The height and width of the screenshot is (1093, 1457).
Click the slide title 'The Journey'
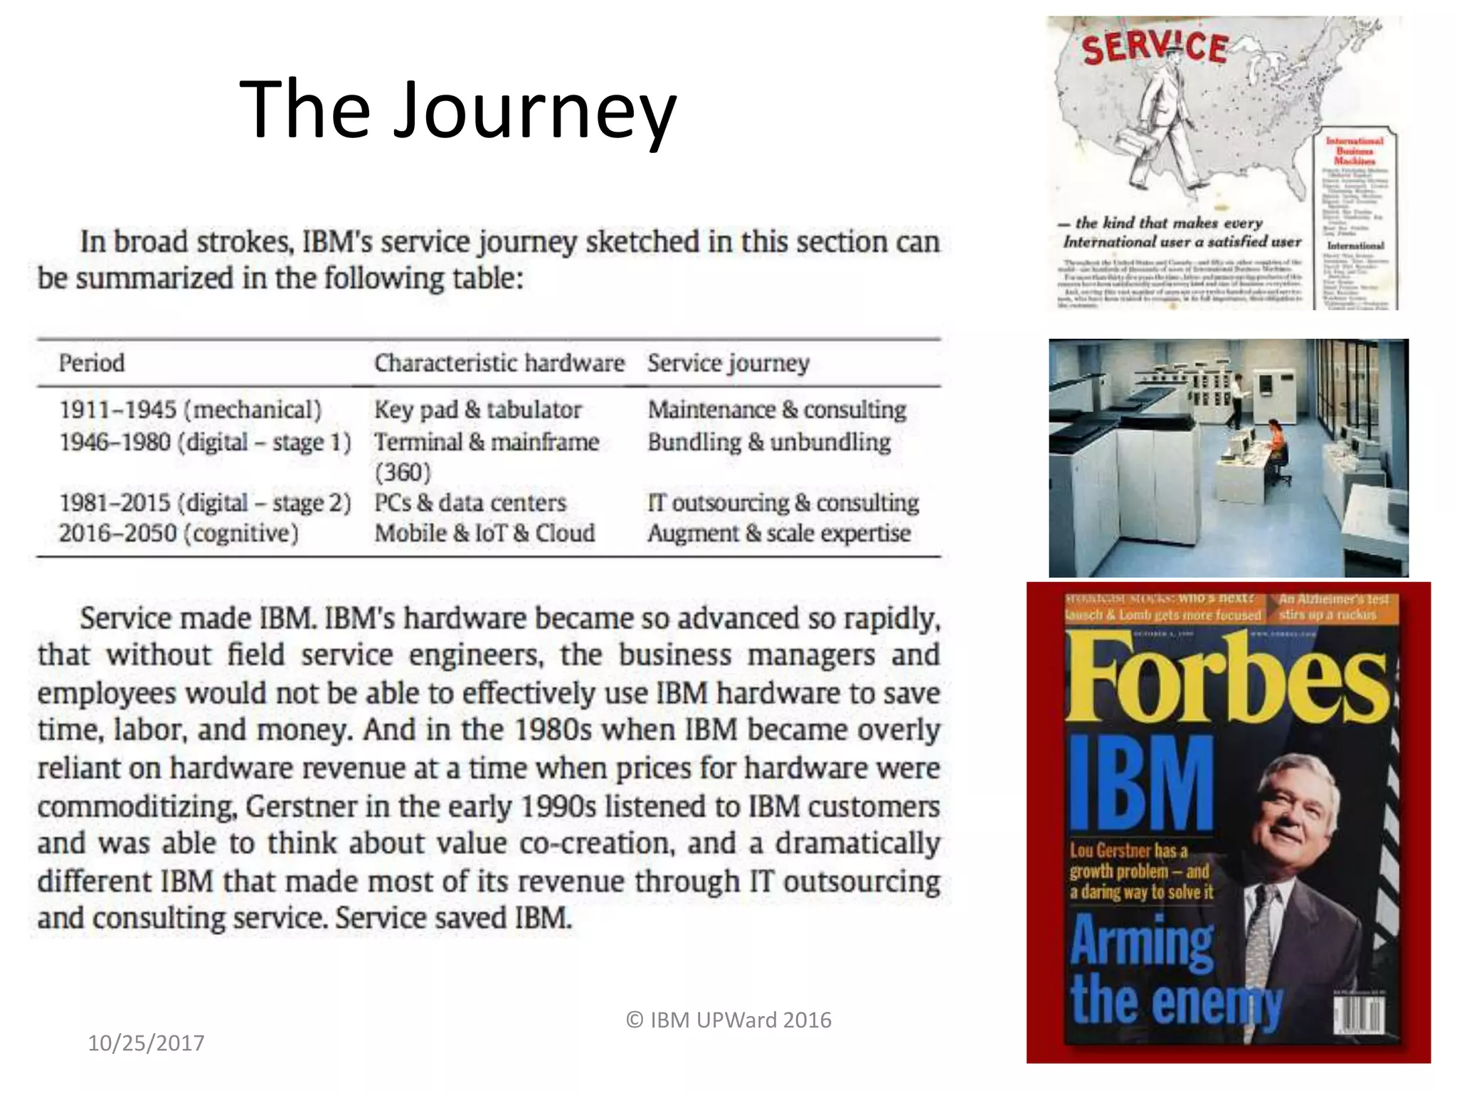click(x=458, y=110)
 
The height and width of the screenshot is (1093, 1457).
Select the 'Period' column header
click(x=92, y=363)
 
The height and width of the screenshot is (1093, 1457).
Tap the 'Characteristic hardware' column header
click(x=499, y=363)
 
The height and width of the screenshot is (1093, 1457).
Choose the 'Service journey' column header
click(x=728, y=363)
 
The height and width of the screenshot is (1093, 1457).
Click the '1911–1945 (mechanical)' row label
click(x=190, y=410)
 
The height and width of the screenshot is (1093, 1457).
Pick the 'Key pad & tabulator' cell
click(x=477, y=410)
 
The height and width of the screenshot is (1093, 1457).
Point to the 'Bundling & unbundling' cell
click(x=769, y=442)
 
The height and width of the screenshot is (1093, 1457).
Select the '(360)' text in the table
click(x=403, y=472)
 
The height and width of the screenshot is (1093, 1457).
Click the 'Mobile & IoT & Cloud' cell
click(x=484, y=533)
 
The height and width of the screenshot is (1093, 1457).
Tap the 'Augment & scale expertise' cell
click(x=779, y=533)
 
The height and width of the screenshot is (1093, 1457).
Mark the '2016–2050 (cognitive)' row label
click(x=179, y=533)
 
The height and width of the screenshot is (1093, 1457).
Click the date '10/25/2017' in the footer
click(x=146, y=1042)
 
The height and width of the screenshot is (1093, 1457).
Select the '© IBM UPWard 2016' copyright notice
click(x=728, y=1020)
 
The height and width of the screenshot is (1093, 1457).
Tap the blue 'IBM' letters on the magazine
click(x=1142, y=783)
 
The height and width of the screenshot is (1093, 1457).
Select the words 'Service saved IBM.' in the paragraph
click(x=454, y=918)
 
